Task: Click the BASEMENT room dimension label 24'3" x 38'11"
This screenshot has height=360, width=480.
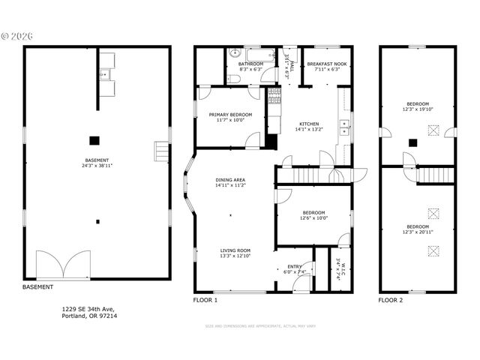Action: point(97,166)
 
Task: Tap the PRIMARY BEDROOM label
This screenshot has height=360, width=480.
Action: point(230,114)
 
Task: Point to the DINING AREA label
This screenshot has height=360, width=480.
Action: point(230,179)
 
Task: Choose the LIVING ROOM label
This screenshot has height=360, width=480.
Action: point(235,250)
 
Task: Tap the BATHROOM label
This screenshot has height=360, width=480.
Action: point(250,64)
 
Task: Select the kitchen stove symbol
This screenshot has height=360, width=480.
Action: point(274,95)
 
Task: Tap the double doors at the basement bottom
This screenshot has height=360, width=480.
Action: point(63,265)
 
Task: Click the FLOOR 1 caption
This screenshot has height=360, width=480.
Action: point(205,300)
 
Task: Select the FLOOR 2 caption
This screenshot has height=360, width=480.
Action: point(391,300)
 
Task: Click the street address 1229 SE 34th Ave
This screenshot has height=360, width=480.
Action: point(89,309)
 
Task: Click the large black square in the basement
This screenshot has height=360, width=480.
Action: point(94,139)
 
